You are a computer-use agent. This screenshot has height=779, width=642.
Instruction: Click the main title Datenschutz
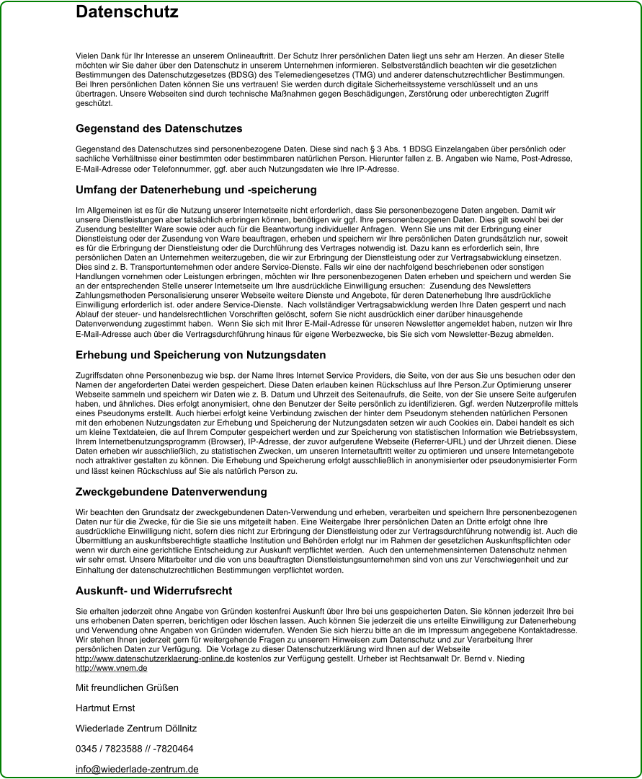click(x=127, y=12)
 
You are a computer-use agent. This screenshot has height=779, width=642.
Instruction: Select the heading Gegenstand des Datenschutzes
click(x=159, y=128)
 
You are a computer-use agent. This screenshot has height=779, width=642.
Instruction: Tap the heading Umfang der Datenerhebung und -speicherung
click(x=196, y=190)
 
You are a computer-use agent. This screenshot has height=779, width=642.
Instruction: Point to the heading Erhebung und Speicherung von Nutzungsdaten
click(x=200, y=355)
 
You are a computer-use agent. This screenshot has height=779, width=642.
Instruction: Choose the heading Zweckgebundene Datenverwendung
click(x=171, y=492)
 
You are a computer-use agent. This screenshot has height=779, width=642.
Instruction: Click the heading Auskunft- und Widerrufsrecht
click(x=153, y=591)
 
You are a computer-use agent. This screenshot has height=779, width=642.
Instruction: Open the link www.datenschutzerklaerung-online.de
click(x=155, y=659)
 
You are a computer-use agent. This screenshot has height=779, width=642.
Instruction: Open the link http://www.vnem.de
click(x=112, y=669)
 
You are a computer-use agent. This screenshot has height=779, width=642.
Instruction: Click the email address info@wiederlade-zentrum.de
click(x=137, y=769)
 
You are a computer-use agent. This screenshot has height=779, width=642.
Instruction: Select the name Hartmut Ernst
click(x=105, y=708)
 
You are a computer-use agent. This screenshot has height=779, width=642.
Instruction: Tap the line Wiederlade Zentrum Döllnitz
click(x=136, y=729)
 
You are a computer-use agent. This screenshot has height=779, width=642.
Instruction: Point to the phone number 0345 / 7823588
click(x=111, y=749)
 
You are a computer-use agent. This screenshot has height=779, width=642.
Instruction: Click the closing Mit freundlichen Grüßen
click(x=127, y=687)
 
